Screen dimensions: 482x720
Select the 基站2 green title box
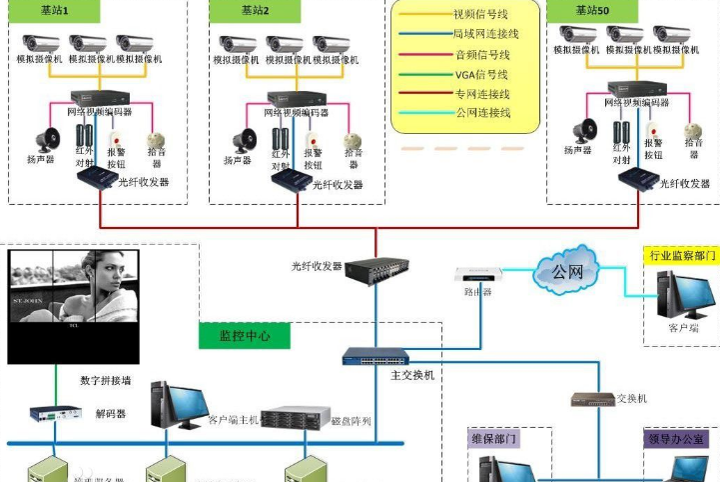[x=255, y=10]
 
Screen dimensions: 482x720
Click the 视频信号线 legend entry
[x=480, y=14]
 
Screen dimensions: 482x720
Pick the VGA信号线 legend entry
[x=480, y=74]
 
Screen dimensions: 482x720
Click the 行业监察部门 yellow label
[x=682, y=256]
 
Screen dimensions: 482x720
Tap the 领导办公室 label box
[x=680, y=438]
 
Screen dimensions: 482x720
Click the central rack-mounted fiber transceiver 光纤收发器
[x=375, y=268]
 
